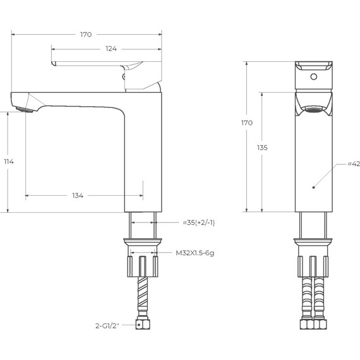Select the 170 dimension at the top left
86,34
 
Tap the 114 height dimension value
8,162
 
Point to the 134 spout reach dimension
78,196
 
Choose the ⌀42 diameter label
354,164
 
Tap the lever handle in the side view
101,65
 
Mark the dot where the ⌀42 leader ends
315,188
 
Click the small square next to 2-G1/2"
138,326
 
